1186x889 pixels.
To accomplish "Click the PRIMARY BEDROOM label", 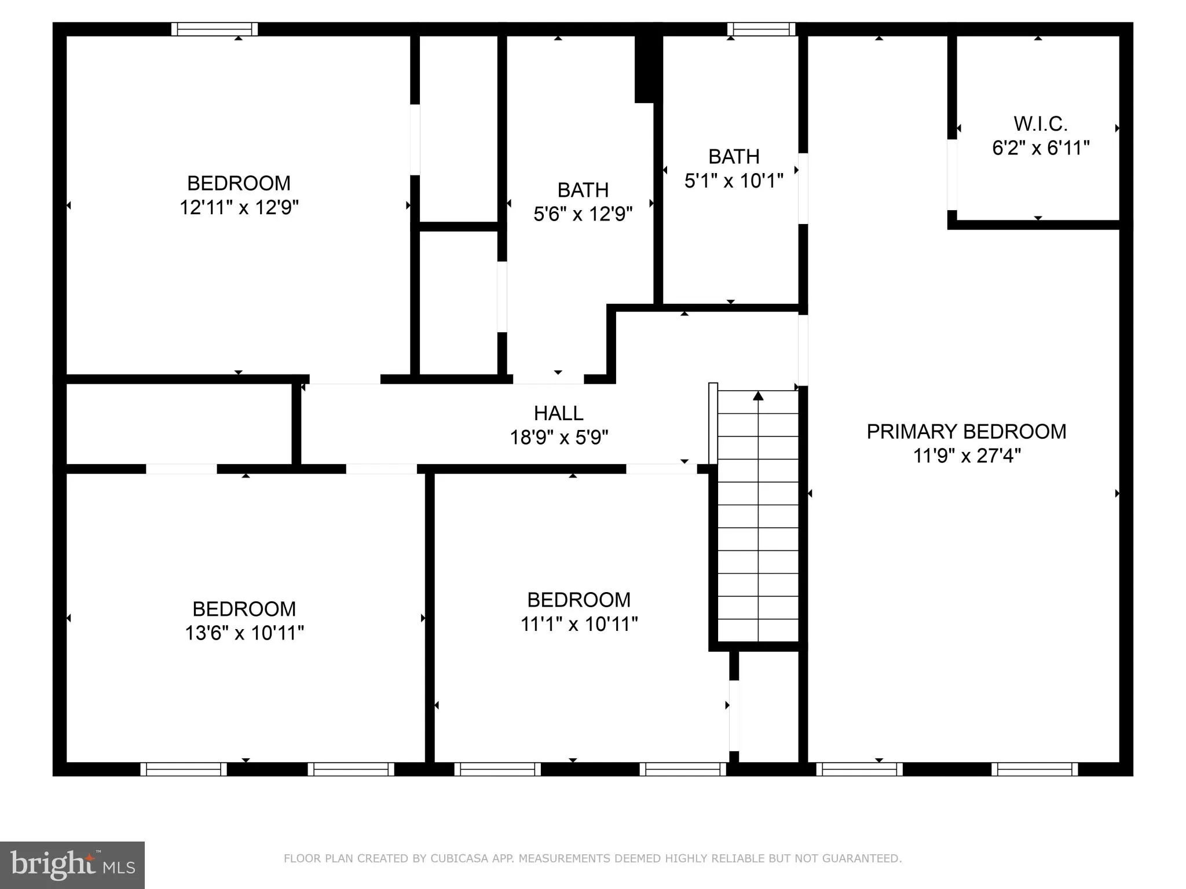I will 966,432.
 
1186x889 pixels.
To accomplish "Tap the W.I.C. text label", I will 1041,124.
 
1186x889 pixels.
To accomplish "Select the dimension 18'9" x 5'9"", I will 559,438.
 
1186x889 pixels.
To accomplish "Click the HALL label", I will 558,413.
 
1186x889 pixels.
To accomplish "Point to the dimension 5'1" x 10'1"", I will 734,181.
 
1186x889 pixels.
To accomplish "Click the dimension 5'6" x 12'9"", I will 583,214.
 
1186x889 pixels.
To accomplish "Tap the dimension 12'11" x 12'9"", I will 239,207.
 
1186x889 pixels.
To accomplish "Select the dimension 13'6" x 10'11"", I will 244,633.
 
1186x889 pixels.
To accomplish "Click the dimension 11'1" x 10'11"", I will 579,624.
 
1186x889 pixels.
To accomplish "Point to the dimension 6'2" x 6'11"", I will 1041,148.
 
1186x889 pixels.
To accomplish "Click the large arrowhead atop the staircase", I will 758,396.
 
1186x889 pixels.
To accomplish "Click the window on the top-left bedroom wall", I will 214,29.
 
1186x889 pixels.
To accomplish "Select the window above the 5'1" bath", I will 761,29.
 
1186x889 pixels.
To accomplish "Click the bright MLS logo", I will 72,865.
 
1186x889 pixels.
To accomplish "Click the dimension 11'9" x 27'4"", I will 966,456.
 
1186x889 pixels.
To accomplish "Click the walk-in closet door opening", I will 951,175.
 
